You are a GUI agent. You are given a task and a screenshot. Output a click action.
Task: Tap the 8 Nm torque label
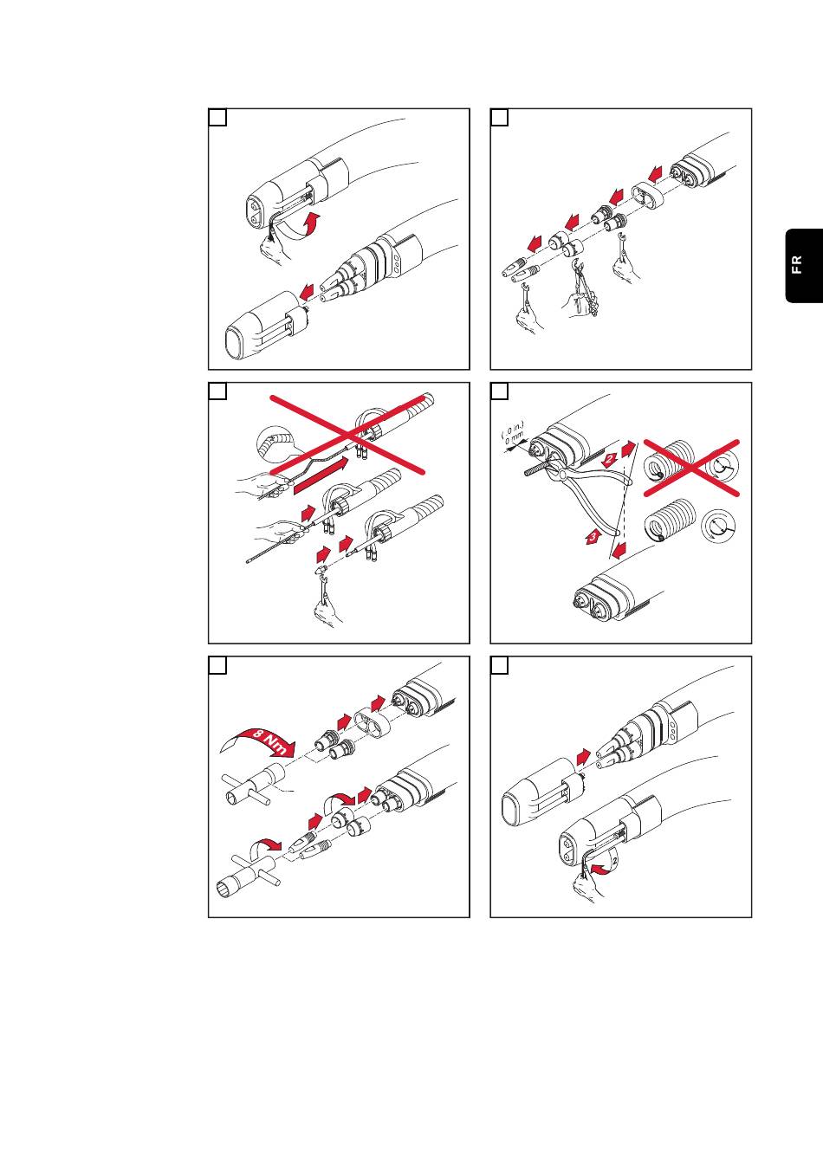click(x=268, y=742)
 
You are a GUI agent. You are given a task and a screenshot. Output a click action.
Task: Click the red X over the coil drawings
click(x=691, y=469)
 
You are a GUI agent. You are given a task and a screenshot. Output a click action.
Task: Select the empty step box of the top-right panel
click(x=500, y=118)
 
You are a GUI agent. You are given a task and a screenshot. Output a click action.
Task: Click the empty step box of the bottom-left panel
click(x=217, y=665)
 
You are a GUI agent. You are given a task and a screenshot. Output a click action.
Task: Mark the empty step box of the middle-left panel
click(x=217, y=391)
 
